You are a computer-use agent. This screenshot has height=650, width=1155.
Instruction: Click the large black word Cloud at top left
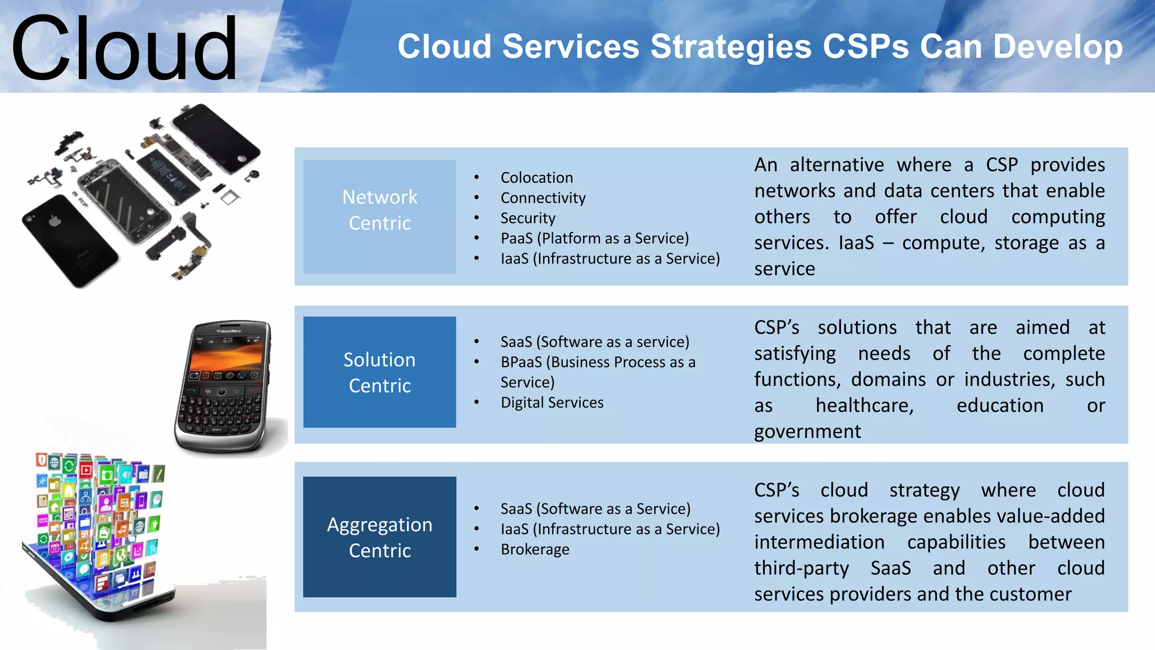coord(124,50)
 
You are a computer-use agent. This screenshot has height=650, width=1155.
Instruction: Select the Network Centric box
coord(380,216)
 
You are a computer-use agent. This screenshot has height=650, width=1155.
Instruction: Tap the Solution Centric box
coord(380,372)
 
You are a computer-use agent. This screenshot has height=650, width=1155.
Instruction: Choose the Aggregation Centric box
coord(380,537)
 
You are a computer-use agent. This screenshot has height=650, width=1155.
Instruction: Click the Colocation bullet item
coord(536,178)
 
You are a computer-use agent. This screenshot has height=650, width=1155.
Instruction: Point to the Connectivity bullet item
coord(543,198)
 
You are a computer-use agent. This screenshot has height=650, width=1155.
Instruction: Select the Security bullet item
coord(528,218)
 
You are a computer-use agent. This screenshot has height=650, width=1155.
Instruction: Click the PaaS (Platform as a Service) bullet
coord(594,239)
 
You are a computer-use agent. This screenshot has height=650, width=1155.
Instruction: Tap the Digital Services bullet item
coord(552,403)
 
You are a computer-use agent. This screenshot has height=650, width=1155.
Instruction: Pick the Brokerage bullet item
coord(535,550)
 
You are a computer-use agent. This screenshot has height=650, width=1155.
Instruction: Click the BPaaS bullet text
coord(598,362)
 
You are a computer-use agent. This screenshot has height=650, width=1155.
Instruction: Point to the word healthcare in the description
coord(864,406)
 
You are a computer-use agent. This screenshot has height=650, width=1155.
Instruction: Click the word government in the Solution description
coord(807,432)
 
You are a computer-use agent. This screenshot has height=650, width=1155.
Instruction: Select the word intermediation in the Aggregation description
coord(819,542)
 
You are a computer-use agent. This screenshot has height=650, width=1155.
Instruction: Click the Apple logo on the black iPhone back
coord(55,221)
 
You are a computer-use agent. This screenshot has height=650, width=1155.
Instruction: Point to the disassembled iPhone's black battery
coord(167,173)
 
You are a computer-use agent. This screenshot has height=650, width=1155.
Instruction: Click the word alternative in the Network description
coord(836,165)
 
